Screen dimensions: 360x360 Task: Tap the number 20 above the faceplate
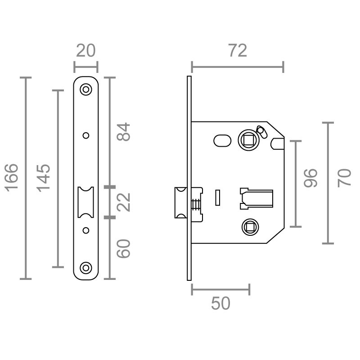click(x=85, y=50)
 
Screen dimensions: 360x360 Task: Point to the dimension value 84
click(x=123, y=131)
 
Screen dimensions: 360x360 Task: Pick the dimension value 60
click(x=123, y=248)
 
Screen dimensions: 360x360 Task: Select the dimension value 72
click(x=237, y=51)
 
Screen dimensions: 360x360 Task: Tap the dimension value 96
click(x=310, y=178)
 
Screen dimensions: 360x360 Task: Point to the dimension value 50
click(x=220, y=304)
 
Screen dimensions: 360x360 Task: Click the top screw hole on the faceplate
click(x=85, y=90)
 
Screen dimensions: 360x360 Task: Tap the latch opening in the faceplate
click(x=85, y=202)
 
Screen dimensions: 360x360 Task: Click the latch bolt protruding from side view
click(x=180, y=202)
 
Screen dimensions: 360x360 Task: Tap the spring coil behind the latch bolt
click(x=196, y=204)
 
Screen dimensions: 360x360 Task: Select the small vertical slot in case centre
click(x=218, y=197)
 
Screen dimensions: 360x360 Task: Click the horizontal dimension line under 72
click(x=237, y=67)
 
